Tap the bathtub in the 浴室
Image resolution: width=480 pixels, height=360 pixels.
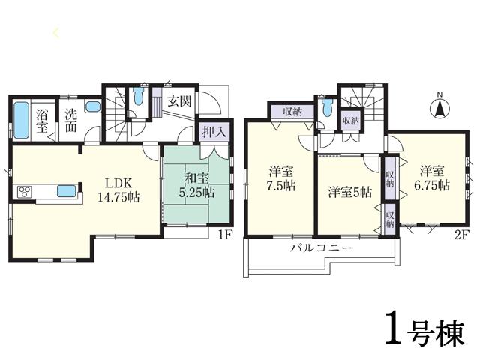pos(22,119)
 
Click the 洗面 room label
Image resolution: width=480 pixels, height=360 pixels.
pos(70,122)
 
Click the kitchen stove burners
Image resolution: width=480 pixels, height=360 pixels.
pos(24,191)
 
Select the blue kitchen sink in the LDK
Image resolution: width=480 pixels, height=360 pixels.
pos(66,190)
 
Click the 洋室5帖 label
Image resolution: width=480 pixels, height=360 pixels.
pos(349,193)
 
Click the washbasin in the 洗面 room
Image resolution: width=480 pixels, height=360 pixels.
pos(92,107)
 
